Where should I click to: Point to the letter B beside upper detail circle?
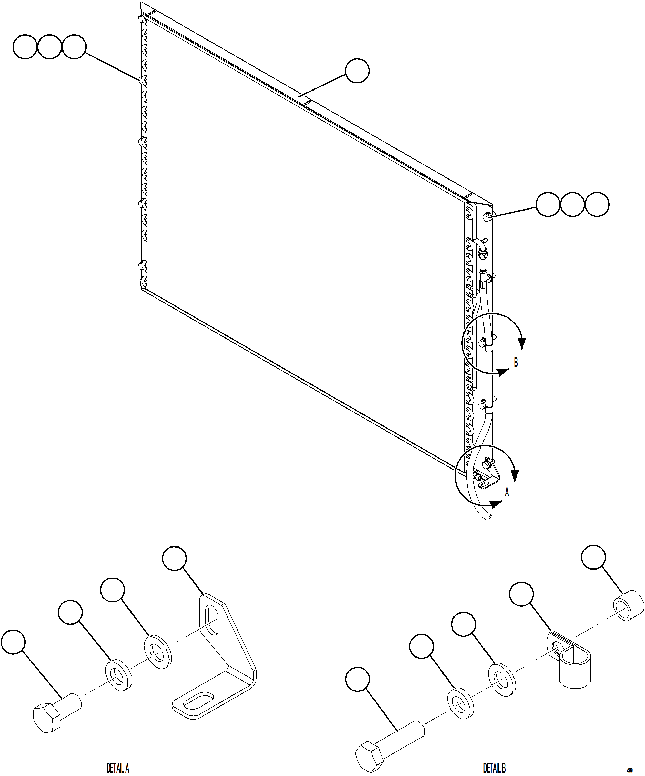[x=516, y=363]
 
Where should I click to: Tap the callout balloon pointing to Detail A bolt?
[x=13, y=642]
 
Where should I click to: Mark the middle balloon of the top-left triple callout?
[x=49, y=47]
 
